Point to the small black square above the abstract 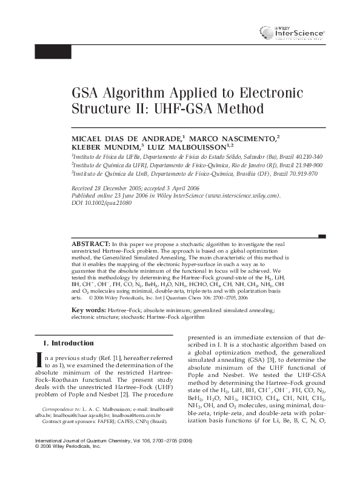pyautogui.click(x=322, y=236)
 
